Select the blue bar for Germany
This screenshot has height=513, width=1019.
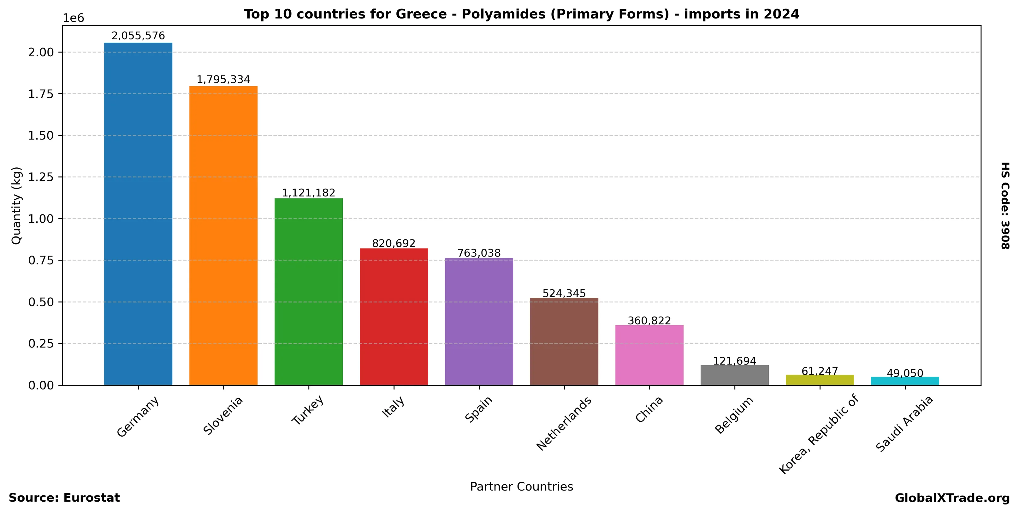click(138, 214)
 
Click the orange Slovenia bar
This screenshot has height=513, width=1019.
click(223, 236)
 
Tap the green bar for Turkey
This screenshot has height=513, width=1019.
click(309, 292)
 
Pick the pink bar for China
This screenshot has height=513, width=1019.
click(649, 355)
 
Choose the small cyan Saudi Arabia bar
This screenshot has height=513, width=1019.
click(905, 381)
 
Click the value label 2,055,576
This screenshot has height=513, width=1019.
click(138, 36)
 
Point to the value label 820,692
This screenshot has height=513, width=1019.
click(394, 244)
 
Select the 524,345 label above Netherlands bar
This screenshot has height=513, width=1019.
click(564, 293)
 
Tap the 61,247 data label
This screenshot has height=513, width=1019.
click(820, 371)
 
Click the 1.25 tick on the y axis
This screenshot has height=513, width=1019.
click(40, 177)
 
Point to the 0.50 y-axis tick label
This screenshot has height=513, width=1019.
click(40, 302)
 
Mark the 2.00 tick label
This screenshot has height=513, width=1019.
click(40, 52)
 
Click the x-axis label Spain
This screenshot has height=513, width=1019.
click(479, 409)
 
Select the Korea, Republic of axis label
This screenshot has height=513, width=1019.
click(819, 434)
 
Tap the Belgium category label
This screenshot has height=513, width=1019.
click(734, 415)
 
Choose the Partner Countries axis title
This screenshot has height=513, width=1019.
click(521, 486)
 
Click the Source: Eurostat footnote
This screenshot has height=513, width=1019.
click(64, 498)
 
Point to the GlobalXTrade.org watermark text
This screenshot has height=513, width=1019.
click(952, 498)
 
